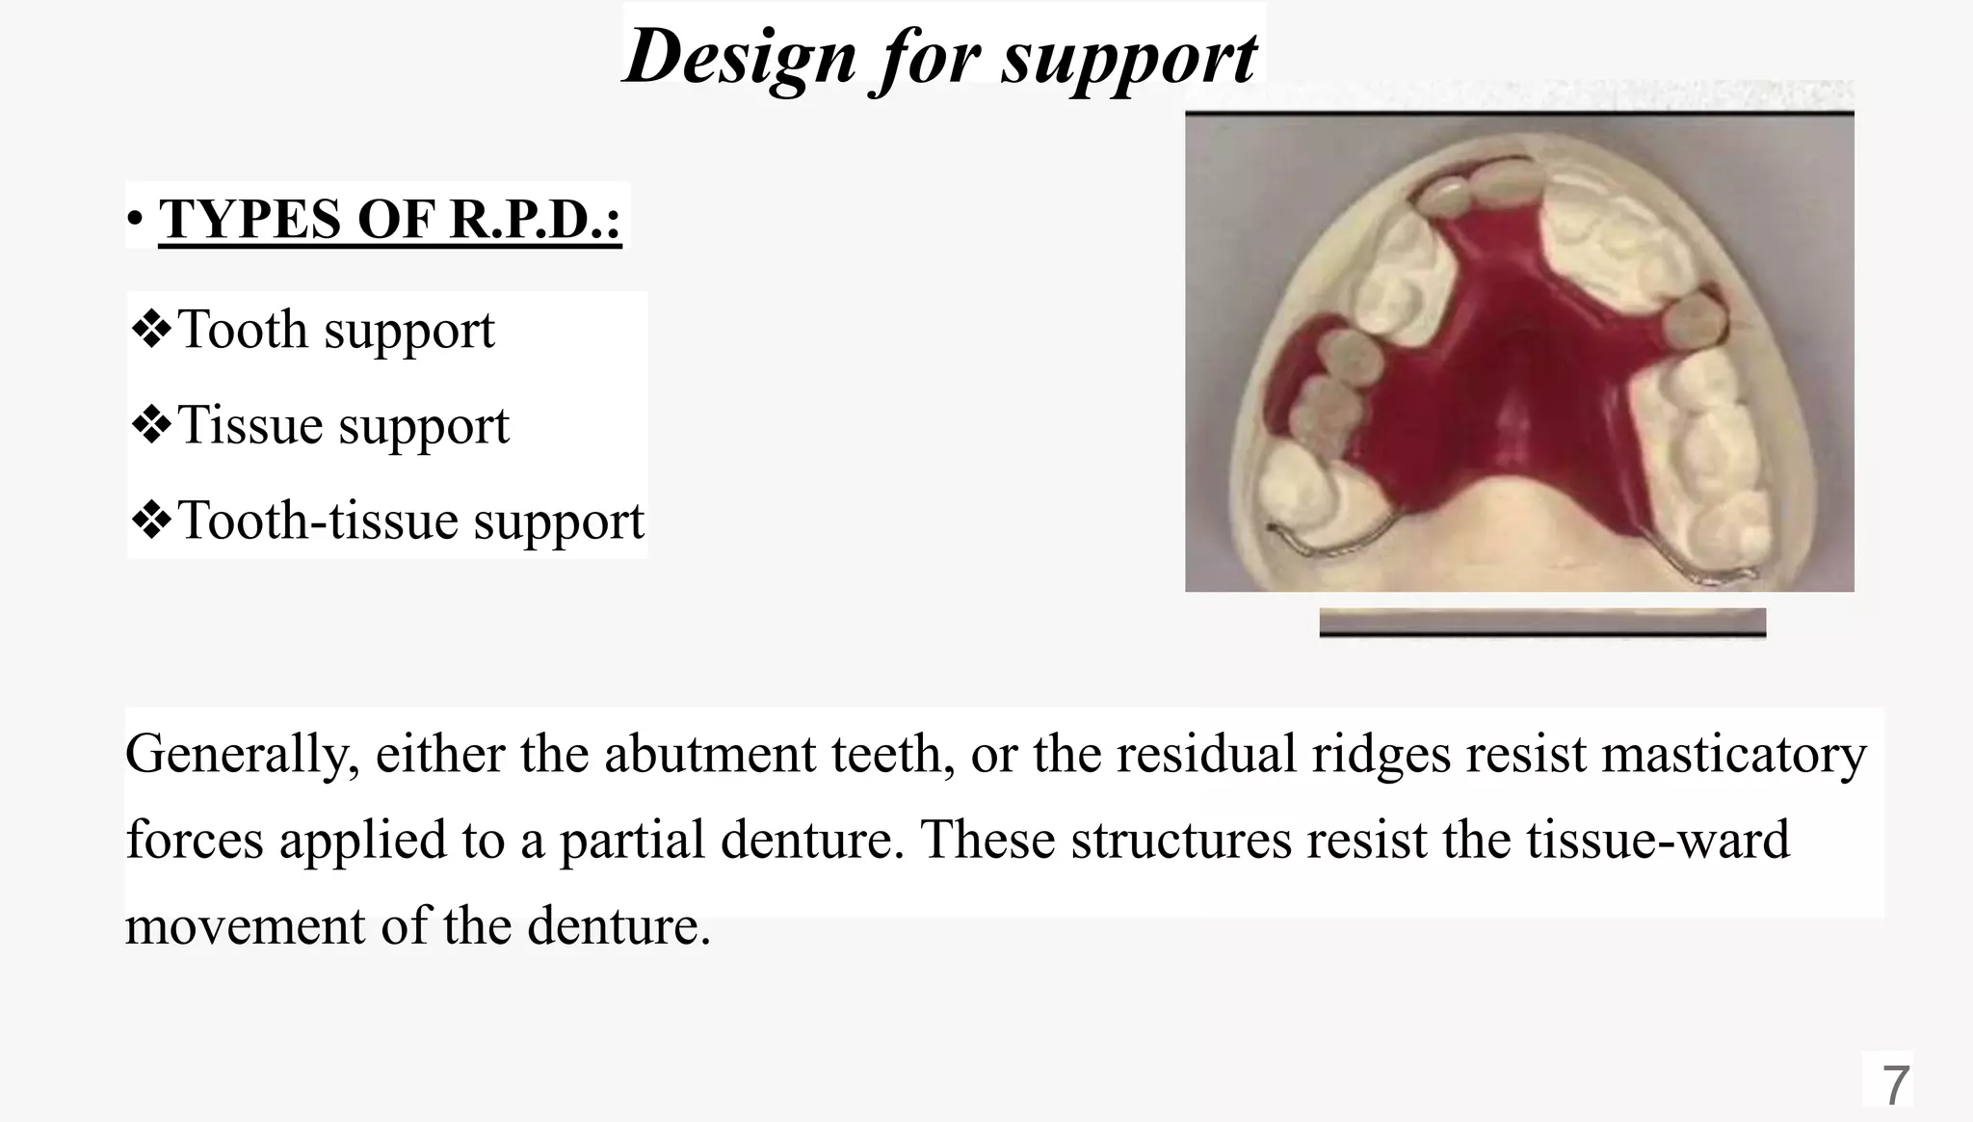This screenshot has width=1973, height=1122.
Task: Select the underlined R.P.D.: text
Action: pyautogui.click(x=536, y=220)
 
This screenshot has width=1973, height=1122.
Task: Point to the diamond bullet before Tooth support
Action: pyautogui.click(x=151, y=330)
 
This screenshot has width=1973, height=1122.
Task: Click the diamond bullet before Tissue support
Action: pyautogui.click(x=151, y=425)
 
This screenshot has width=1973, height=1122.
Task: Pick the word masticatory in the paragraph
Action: pyautogui.click(x=1734, y=754)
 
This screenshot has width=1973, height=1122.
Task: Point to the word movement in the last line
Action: pyautogui.click(x=246, y=926)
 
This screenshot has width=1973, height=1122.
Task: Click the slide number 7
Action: pyautogui.click(x=1895, y=1086)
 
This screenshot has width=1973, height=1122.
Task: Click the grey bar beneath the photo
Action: pyautogui.click(x=1541, y=622)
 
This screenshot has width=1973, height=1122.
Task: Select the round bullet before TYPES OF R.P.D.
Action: pyautogui.click(x=135, y=222)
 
